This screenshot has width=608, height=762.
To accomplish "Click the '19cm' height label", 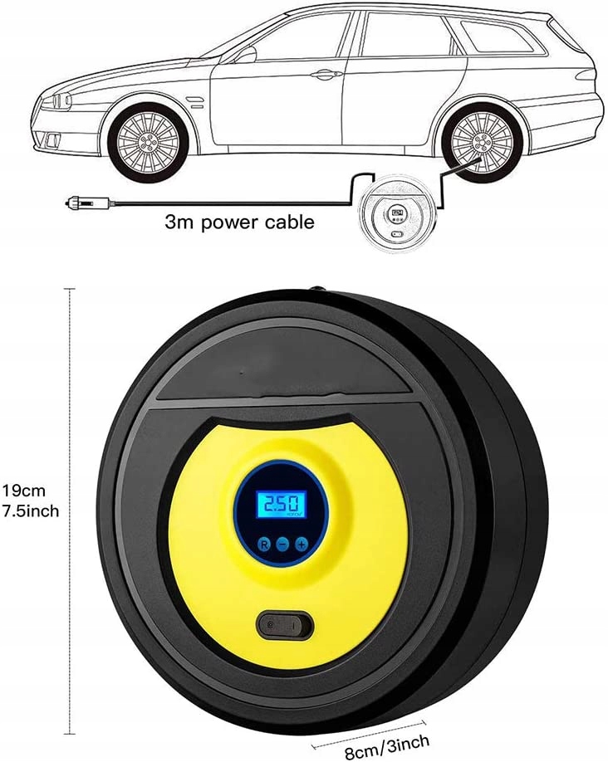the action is (x=32, y=490).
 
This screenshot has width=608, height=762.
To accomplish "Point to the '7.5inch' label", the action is (x=32, y=510).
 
